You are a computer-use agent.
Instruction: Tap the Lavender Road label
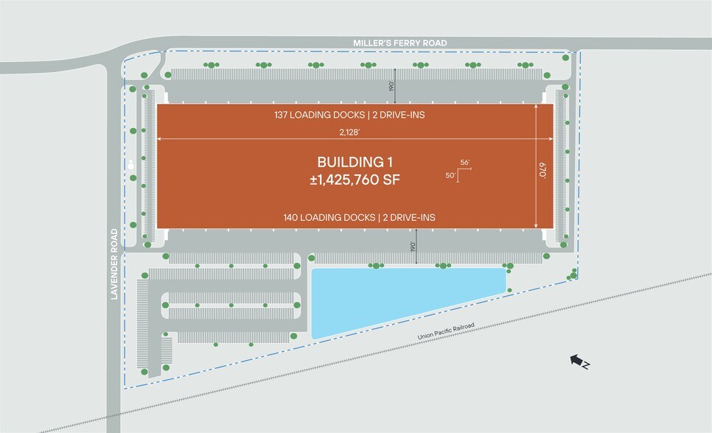(114, 264)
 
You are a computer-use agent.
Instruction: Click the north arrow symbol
(574, 359)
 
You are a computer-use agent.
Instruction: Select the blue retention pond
(398, 298)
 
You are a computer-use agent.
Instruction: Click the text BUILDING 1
(355, 162)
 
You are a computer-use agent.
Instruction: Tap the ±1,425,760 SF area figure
(355, 179)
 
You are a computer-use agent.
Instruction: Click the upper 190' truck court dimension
(391, 85)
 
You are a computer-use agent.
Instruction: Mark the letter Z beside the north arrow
(585, 365)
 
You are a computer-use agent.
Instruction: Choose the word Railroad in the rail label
(461, 326)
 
